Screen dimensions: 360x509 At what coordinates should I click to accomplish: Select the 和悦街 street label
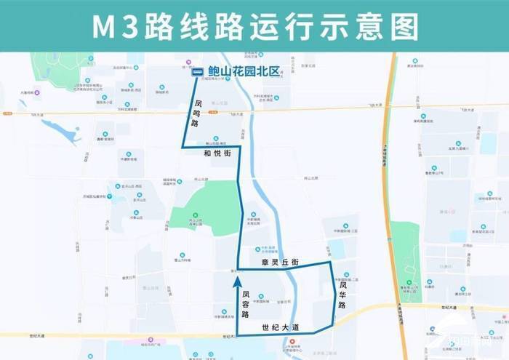(217, 155)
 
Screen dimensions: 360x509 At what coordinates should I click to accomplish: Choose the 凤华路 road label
(342, 295)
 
